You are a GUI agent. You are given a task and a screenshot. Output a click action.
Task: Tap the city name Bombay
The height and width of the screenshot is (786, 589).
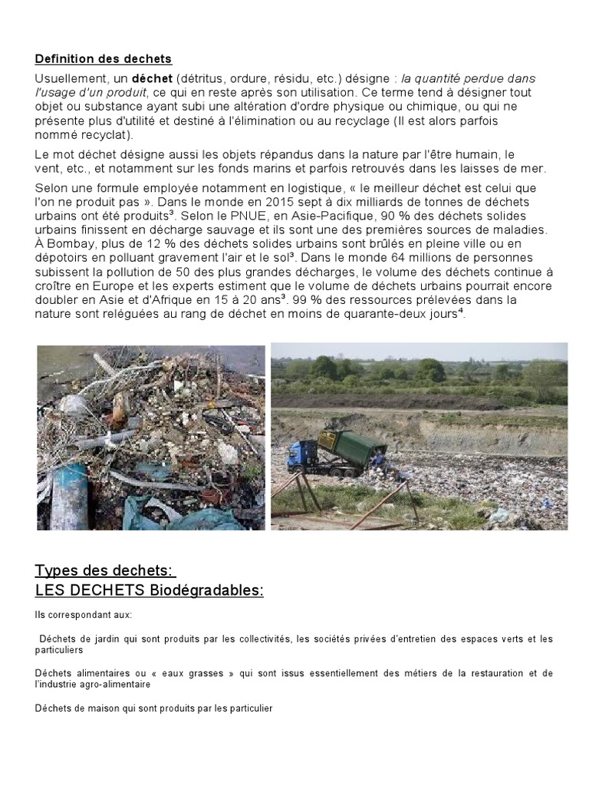pos(68,243)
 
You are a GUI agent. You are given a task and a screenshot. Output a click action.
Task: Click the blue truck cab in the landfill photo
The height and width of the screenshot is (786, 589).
pos(300,457)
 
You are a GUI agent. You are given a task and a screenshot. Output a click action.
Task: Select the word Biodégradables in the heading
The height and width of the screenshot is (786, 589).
pos(206,590)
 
